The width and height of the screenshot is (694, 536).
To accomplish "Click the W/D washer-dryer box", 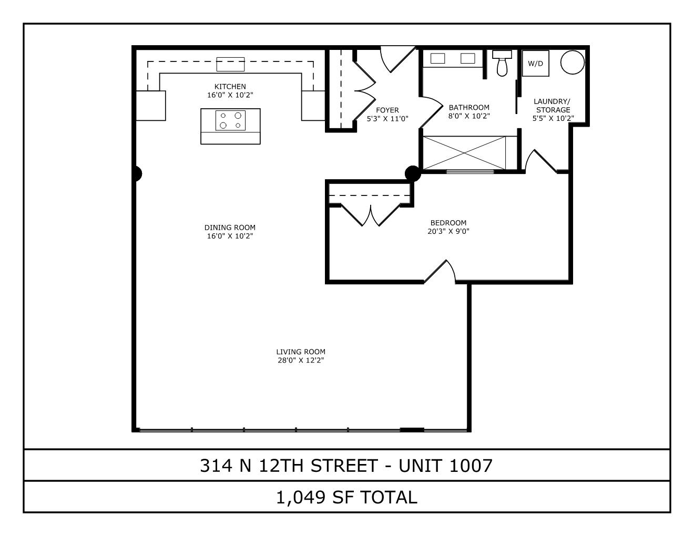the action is pyautogui.click(x=535, y=63).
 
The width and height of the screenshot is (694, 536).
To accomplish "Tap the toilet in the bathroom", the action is pyautogui.click(x=502, y=64).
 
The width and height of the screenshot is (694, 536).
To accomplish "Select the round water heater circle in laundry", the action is pyautogui.click(x=573, y=62).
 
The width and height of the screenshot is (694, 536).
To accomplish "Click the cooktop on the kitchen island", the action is pyautogui.click(x=230, y=120).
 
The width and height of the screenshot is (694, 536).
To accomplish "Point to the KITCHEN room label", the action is pyautogui.click(x=230, y=87).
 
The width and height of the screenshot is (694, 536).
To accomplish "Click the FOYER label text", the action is pyautogui.click(x=387, y=110).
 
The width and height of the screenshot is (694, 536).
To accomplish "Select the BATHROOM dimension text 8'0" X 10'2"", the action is pyautogui.click(x=469, y=116).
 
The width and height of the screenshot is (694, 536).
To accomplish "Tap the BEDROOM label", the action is pyautogui.click(x=448, y=223).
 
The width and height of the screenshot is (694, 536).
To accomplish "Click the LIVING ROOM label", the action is pyautogui.click(x=301, y=352).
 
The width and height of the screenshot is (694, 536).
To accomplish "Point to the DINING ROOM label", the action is pyautogui.click(x=230, y=228).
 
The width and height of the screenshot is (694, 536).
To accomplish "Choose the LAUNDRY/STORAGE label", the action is pyautogui.click(x=553, y=106).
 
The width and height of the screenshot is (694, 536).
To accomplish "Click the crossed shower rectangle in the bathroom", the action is pyautogui.click(x=464, y=152).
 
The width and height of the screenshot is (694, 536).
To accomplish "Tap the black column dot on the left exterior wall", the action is pyautogui.click(x=137, y=174).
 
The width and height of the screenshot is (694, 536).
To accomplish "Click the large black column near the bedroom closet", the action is pyautogui.click(x=413, y=173).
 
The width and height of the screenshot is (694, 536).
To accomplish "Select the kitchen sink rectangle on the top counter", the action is pyautogui.click(x=230, y=64).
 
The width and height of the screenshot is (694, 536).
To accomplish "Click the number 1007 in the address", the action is pyautogui.click(x=471, y=466).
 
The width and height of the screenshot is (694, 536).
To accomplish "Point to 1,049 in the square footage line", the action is pyautogui.click(x=301, y=498).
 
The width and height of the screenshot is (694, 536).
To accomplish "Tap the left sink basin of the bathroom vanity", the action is pyautogui.click(x=437, y=58).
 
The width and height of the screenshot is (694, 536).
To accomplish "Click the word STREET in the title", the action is pyautogui.click(x=344, y=466).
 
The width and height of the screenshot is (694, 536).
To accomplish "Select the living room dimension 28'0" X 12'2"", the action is pyautogui.click(x=301, y=360).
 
